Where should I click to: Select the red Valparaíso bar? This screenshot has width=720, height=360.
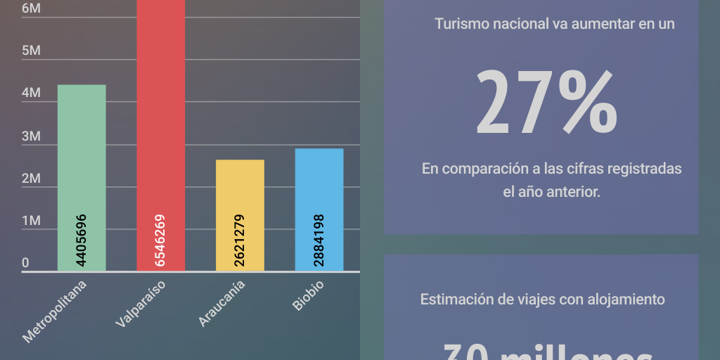click(160, 105)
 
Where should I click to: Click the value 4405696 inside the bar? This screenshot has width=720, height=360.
click(82, 240)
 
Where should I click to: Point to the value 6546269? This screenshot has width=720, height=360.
click(160, 240)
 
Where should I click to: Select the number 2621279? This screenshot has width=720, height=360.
click(240, 240)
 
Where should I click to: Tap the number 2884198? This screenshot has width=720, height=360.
click(319, 240)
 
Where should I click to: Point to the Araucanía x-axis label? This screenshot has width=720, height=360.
click(222, 303)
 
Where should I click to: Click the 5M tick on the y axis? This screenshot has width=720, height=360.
click(31, 51)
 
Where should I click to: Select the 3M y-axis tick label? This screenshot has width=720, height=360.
click(31, 136)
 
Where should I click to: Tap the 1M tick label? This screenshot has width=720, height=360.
click(31, 221)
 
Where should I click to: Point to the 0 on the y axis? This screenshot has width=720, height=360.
click(25, 264)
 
